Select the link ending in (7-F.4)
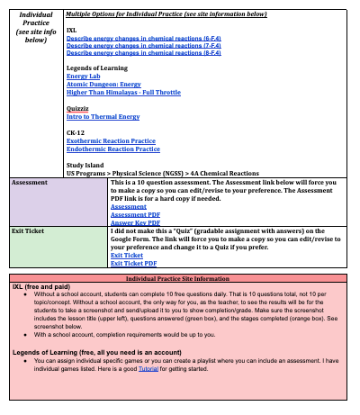tap(131, 48)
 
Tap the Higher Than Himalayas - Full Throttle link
tap(122, 92)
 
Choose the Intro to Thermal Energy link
tap(103, 116)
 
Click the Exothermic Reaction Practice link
tap(111, 140)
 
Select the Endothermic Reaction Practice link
tap(113, 148)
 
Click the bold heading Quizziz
tap(79, 108)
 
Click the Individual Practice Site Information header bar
tap(181, 280)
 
